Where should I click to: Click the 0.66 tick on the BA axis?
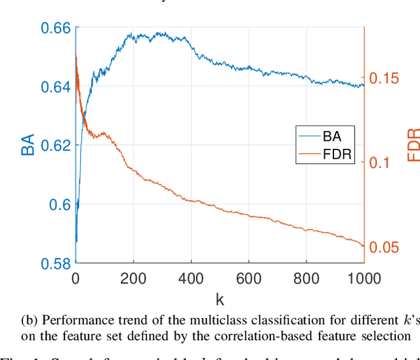point(56,28)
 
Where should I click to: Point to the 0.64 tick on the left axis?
point(56,87)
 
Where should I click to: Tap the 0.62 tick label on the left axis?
point(56,146)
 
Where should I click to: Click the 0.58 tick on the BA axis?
point(56,264)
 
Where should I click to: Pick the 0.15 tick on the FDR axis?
point(384,78)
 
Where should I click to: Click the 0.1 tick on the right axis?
point(379,163)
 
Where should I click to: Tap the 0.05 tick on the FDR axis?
point(384,247)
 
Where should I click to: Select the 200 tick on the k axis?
point(133,278)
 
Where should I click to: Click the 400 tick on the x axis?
point(190,278)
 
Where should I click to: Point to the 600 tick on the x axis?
point(248,278)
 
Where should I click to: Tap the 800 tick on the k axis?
point(306,278)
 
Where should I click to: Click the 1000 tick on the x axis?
point(364,278)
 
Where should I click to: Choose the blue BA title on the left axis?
point(28,146)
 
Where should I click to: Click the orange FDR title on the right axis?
point(413,146)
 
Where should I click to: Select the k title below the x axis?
point(219,300)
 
